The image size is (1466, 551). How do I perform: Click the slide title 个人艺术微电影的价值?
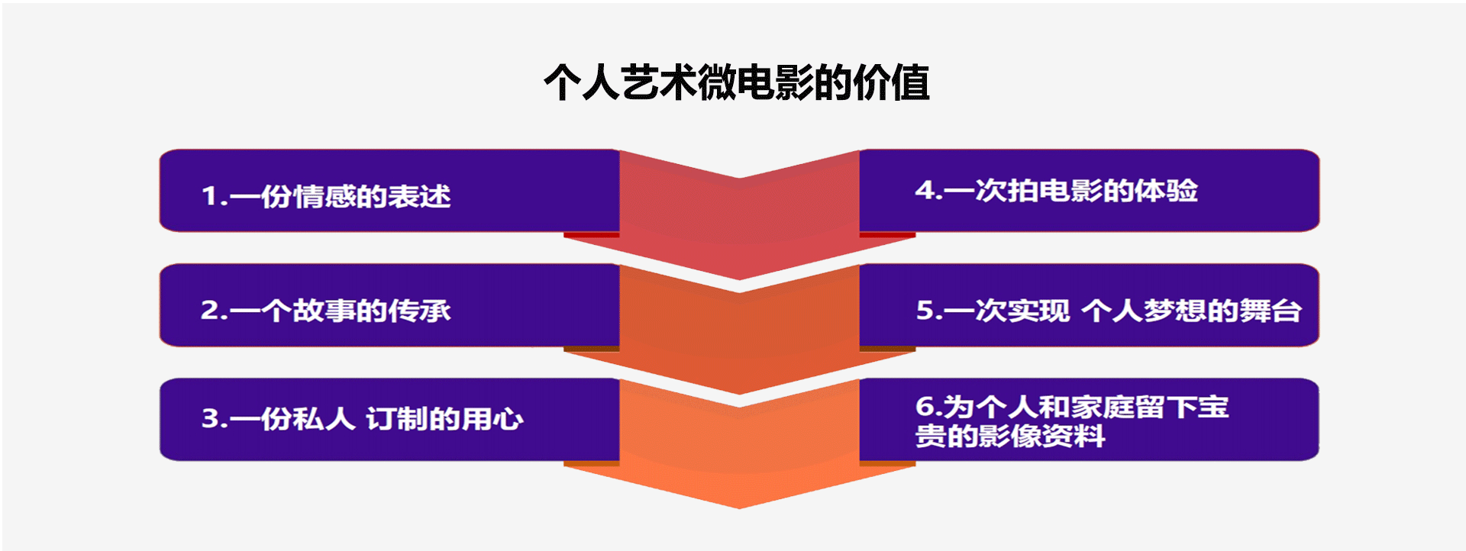(737, 82)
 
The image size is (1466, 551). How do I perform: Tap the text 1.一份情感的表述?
(326, 196)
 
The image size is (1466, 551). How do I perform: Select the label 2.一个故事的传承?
(326, 311)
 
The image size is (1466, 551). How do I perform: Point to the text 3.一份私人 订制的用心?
(363, 419)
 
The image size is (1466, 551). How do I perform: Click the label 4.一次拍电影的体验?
(1057, 190)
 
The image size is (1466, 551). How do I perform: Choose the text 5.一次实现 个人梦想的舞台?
(1109, 311)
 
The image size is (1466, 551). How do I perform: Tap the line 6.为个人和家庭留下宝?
(1072, 407)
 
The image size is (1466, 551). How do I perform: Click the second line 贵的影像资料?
(1010, 436)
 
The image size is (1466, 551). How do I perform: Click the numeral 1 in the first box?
(209, 196)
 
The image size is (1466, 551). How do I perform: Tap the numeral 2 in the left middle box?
(209, 311)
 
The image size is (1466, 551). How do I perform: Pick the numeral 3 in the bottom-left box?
(210, 419)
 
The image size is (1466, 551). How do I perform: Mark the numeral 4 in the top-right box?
(925, 190)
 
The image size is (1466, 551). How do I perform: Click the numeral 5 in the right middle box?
(925, 311)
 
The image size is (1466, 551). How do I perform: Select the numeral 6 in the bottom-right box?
(925, 407)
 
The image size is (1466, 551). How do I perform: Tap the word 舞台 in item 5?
(1271, 311)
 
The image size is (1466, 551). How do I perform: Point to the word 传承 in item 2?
(420, 311)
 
